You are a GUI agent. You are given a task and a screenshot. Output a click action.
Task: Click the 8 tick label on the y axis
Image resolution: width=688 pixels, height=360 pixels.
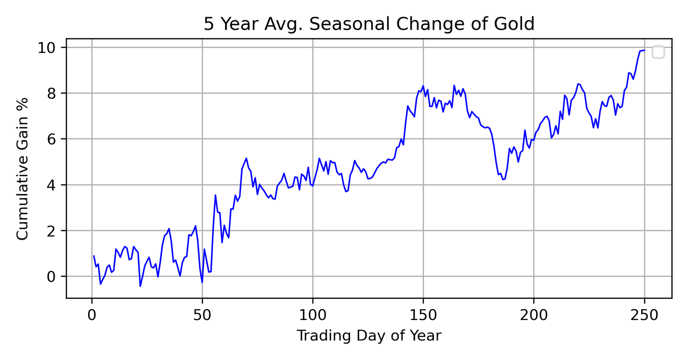point(52,93)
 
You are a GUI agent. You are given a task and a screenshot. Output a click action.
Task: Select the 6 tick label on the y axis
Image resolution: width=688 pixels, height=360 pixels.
point(52,139)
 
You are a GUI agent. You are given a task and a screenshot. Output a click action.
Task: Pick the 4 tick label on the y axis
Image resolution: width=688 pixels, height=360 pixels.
point(52,185)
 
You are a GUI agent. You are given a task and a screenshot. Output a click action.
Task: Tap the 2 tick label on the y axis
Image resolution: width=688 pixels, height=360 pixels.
point(52,231)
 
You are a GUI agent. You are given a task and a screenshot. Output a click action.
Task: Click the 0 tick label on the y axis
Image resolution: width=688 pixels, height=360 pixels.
point(52,277)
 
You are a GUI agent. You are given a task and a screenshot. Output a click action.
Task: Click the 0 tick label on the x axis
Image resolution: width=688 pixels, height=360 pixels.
point(92,315)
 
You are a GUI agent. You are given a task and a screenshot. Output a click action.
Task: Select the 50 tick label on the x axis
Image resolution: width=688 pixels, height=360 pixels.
point(202,315)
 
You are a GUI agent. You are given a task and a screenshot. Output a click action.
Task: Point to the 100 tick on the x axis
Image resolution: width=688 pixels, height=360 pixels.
point(313,315)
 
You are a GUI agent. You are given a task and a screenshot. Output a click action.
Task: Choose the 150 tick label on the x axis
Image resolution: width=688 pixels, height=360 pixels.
point(423,315)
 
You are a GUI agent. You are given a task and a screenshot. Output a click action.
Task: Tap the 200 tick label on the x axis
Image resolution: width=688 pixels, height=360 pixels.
point(534,315)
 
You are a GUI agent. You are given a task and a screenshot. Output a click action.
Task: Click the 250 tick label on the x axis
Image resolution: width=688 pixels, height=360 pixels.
point(644,315)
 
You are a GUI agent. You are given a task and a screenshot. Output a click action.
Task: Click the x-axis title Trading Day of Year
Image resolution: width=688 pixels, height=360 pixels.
point(369,335)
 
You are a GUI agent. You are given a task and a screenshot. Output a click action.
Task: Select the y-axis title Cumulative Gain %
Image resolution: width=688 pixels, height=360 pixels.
point(22,169)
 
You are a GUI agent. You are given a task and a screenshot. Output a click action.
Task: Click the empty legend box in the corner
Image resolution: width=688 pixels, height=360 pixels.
point(658,52)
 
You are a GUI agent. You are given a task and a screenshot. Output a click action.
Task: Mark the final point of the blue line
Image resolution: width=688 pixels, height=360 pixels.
point(644,50)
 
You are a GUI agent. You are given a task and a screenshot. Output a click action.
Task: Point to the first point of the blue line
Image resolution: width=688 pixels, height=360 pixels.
point(94,256)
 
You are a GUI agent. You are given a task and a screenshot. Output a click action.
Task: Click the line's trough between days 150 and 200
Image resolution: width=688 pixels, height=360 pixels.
point(503,179)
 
